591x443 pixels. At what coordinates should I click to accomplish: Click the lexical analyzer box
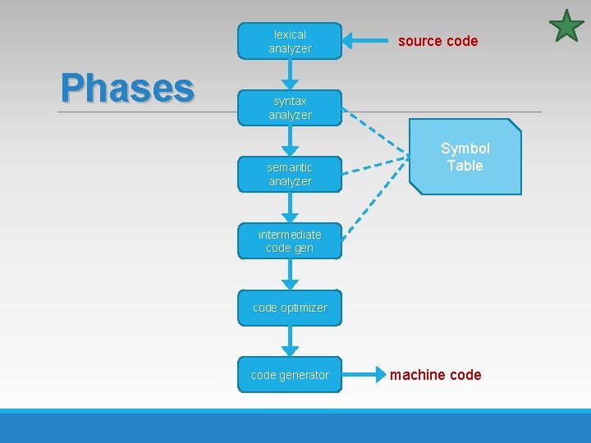pyautogui.click(x=289, y=41)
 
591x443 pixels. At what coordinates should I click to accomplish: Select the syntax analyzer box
pyautogui.click(x=289, y=107)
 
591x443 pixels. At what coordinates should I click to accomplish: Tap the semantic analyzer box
pyautogui.click(x=289, y=174)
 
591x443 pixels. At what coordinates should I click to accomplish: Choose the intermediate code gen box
pyautogui.click(x=289, y=241)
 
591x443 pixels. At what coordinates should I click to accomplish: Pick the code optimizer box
pyautogui.click(x=289, y=308)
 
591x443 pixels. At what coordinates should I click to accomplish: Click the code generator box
pyautogui.click(x=289, y=375)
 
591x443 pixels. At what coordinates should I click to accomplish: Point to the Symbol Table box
pyautogui.click(x=465, y=157)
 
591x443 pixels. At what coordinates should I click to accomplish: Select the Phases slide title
pyautogui.click(x=127, y=87)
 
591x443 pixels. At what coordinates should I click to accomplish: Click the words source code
pyautogui.click(x=438, y=41)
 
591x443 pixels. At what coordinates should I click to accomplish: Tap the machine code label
pyautogui.click(x=435, y=375)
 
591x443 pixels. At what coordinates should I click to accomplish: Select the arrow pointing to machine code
pyautogui.click(x=363, y=375)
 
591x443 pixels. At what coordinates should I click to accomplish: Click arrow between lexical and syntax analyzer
pyautogui.click(x=289, y=75)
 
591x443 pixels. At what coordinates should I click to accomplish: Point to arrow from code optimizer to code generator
pyautogui.click(x=289, y=341)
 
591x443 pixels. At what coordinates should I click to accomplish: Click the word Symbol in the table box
pyautogui.click(x=465, y=148)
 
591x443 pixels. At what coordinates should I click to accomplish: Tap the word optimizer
pyautogui.click(x=304, y=308)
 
